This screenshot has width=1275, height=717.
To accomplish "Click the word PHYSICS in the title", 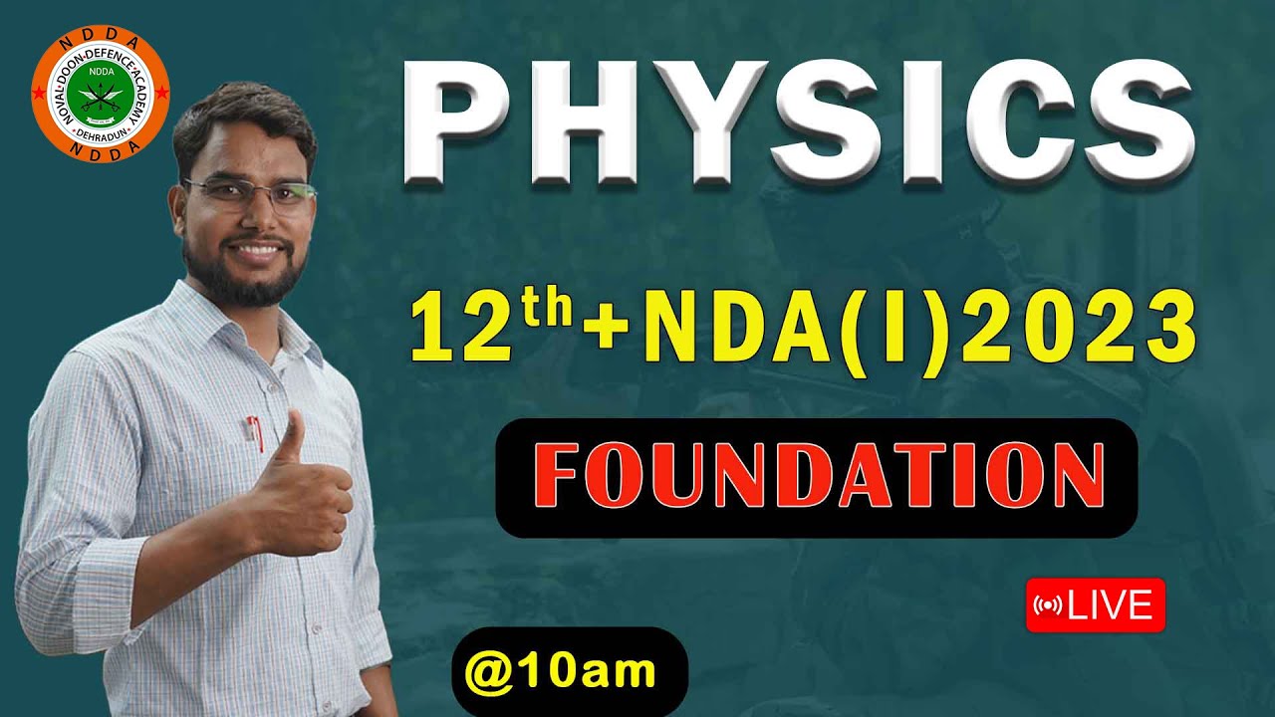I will coord(797,123).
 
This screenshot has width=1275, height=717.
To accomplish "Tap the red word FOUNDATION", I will coord(817,477).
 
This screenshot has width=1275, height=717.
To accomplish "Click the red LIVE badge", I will coord(1095,604).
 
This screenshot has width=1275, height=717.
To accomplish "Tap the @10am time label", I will coord(570,670).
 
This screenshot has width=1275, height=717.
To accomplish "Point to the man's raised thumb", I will coord(290,438).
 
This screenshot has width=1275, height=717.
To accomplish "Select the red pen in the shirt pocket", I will coord(255,433).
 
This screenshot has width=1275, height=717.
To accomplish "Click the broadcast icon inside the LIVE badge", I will coord(1049,604).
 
